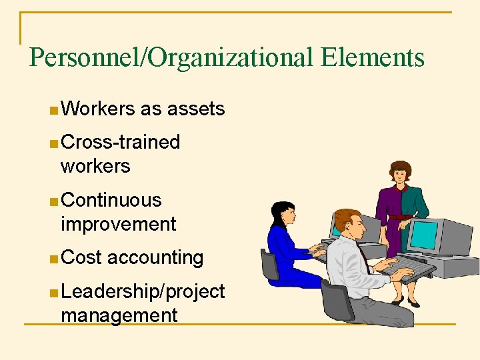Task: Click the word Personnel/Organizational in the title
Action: (171, 58)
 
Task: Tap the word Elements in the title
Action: (372, 57)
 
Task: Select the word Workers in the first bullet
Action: (97, 109)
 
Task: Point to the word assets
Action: (197, 109)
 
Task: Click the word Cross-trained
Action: (120, 142)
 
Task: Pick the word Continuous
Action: (111, 200)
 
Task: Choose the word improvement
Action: (118, 224)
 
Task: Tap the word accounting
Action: (155, 257)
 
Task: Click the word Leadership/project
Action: (142, 291)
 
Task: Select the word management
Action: (119, 315)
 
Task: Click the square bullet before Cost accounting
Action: (53, 259)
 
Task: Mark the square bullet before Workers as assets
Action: (53, 110)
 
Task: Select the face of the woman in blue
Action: (287, 215)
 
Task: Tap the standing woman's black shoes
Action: (404, 303)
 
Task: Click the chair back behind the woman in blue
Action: (269, 265)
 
